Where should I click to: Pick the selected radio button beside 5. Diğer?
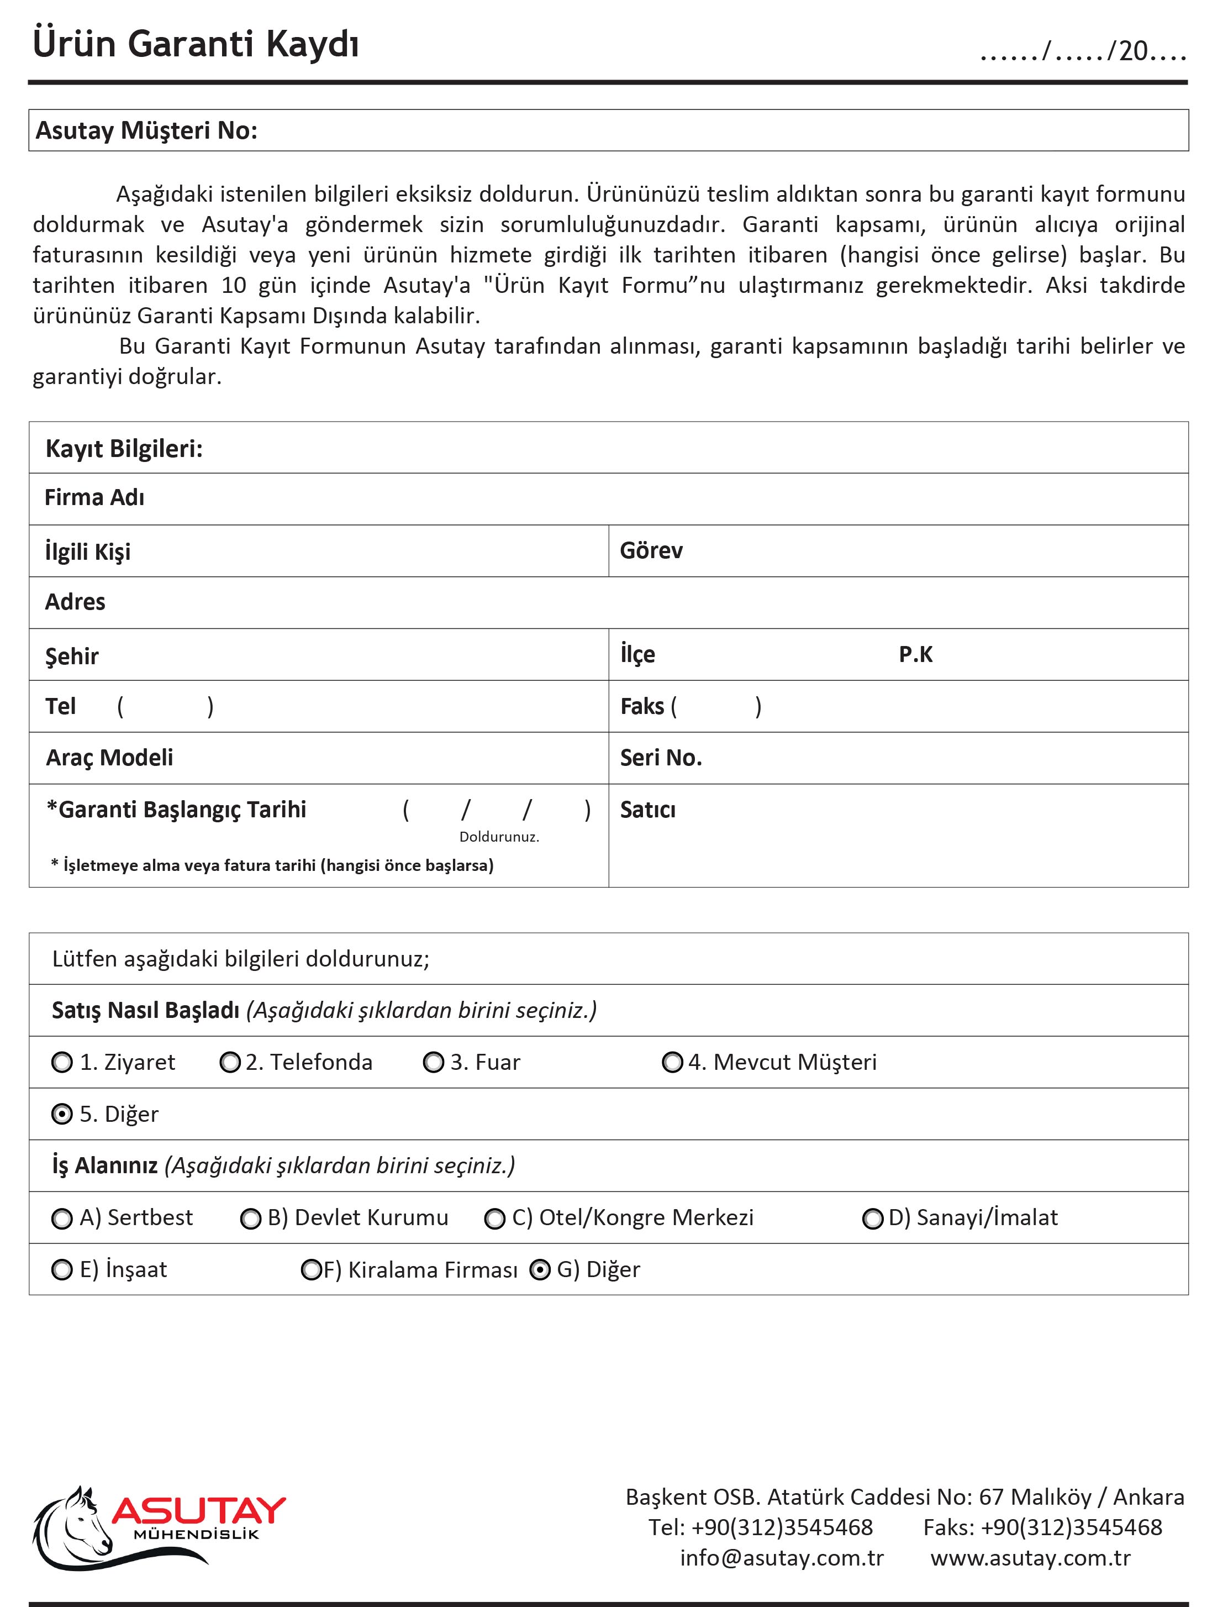62,1114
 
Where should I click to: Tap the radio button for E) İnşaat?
62,1270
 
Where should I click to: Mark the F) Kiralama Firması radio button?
312,1270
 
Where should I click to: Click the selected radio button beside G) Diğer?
540,1270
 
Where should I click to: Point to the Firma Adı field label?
94,498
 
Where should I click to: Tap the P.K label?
915,655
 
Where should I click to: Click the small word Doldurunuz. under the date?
499,837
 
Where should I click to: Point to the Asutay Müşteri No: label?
146,131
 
